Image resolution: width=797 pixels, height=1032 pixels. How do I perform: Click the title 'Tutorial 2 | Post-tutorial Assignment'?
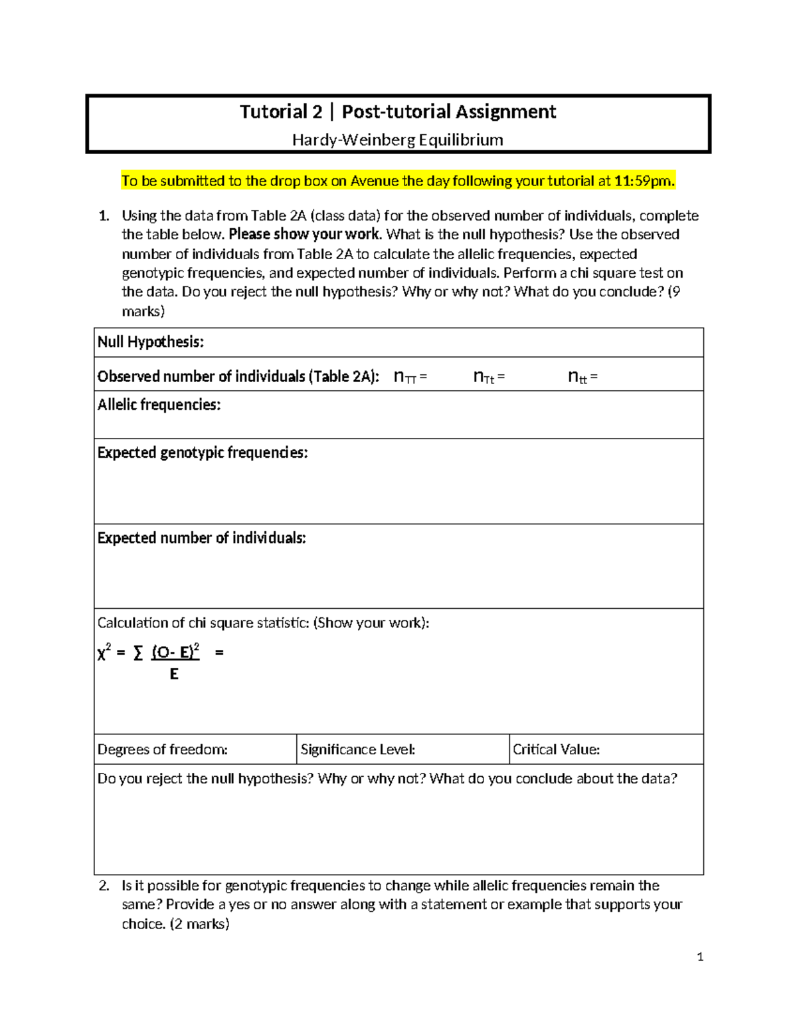pos(398,112)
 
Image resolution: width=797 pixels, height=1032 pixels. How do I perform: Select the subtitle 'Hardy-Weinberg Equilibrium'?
pos(398,140)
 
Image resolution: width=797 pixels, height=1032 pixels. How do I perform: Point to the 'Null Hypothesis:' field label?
pos(151,342)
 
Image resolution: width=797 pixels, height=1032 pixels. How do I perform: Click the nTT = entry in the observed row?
pos(410,377)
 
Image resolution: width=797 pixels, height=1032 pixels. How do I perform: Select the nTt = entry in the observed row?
pos(489,377)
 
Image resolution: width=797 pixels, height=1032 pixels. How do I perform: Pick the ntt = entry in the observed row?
pos(582,377)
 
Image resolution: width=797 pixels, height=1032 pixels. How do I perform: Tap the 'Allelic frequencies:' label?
pos(159,405)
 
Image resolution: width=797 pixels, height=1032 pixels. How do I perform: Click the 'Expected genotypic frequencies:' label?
pos(203,453)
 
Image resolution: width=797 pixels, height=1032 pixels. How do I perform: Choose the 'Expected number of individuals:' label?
pos(201,538)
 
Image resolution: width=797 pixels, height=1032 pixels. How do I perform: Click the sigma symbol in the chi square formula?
pos(138,653)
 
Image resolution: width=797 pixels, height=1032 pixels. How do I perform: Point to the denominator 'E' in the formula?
pos(174,674)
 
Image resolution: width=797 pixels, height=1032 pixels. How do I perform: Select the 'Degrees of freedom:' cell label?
pos(163,750)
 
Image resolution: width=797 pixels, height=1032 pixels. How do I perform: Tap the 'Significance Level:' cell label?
pos(358,750)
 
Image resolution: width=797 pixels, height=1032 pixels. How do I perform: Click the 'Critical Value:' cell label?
pos(557,750)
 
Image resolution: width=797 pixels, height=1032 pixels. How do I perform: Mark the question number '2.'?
pos(104,886)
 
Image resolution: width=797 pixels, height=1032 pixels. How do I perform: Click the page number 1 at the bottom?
pos(700,957)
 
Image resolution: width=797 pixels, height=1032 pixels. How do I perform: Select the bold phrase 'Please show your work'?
pos(304,235)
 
